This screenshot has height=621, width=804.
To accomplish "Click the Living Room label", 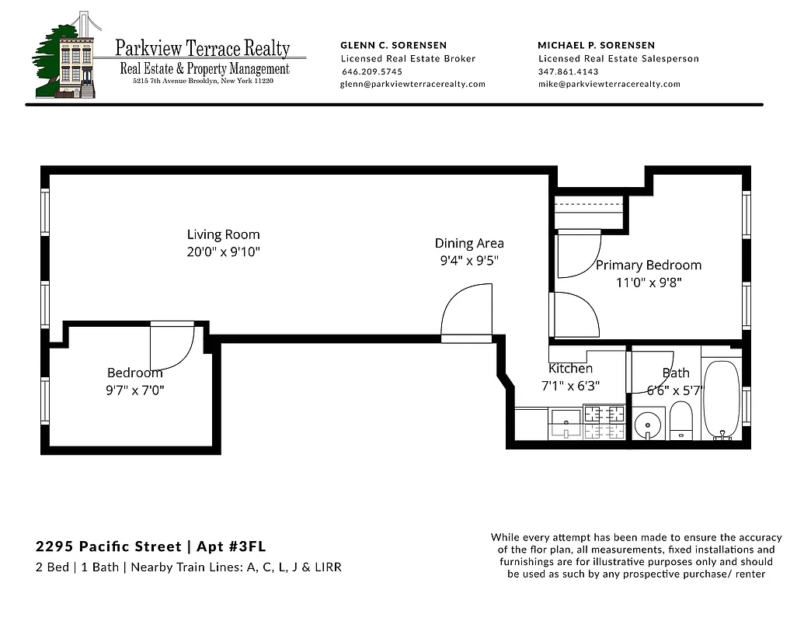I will (223, 234).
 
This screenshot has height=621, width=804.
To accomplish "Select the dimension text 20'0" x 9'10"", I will (223, 252).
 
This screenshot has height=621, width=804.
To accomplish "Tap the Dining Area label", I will (468, 244).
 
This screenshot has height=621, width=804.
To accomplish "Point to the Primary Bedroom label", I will (648, 265).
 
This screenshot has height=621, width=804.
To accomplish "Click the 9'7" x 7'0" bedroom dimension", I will (135, 390).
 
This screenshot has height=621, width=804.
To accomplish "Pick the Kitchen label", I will (570, 369).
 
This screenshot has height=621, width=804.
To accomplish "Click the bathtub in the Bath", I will (722, 400).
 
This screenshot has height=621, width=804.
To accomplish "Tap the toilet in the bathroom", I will (681, 421).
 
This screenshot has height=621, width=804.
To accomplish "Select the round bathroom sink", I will (647, 425).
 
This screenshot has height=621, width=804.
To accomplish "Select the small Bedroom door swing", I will (172, 346).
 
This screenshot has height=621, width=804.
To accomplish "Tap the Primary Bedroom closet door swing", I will (577, 253).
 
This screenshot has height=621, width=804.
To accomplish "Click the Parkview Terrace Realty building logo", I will (68, 57).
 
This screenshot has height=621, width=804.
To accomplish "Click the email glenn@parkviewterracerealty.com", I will (412, 85).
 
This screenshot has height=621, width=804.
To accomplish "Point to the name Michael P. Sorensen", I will (596, 45).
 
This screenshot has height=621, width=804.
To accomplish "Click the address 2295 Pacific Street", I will (101, 547).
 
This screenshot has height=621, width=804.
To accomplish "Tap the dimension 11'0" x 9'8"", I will (648, 283).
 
